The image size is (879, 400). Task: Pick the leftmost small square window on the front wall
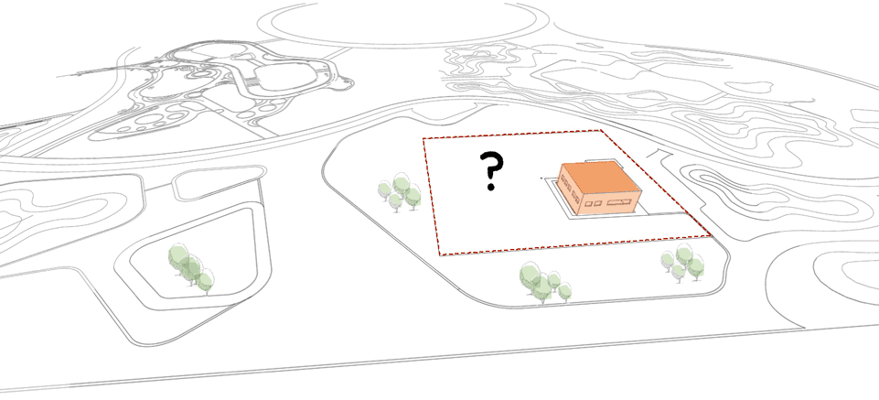589,203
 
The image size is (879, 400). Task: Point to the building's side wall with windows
570,191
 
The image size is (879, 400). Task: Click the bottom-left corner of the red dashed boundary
440,254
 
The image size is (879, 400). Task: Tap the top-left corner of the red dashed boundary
423,138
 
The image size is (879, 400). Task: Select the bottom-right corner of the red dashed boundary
711,235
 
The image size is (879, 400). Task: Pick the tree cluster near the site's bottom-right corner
682,262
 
